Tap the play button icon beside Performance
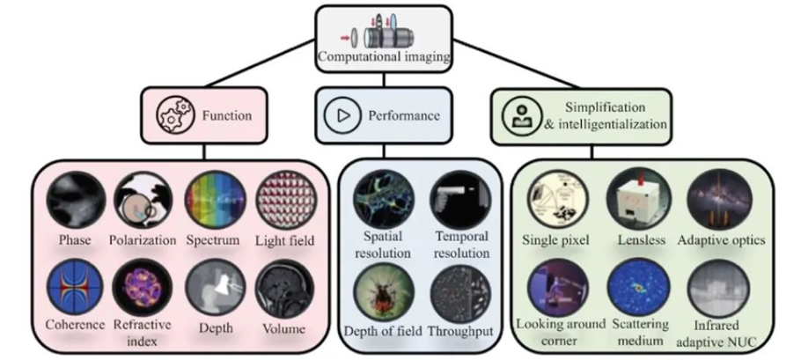pos(341,115)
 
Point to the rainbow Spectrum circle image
pos(215,200)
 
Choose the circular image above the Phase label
pos(76,200)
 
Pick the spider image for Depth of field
pos(384,291)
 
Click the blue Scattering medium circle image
pos(637,288)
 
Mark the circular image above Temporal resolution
pos(460,200)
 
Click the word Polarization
pos(143,240)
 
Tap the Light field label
pos(284,240)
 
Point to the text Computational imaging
pos(384,56)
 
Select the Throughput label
pos(460,331)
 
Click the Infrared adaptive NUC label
pos(716,334)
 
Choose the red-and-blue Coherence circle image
pos(75,288)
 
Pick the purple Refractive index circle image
pos(143,288)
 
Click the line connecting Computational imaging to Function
pos(260,62)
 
